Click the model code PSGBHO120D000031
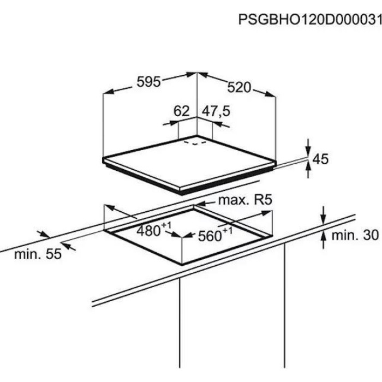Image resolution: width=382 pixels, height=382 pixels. (x=310, y=19)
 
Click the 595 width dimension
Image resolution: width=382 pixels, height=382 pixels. (x=148, y=82)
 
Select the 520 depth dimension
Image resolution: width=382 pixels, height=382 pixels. (x=239, y=87)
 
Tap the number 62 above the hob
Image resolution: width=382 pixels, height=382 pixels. (x=181, y=111)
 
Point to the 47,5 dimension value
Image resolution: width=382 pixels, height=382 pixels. (x=216, y=111)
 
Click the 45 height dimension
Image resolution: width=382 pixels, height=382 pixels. (x=320, y=159)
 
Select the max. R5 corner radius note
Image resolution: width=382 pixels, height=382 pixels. (x=245, y=200)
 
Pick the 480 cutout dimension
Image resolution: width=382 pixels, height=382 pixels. (x=148, y=230)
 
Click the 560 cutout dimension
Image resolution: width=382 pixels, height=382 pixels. (x=210, y=236)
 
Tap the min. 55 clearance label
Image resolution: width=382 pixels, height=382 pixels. (x=38, y=254)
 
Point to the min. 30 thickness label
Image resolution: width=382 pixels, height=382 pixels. (x=355, y=235)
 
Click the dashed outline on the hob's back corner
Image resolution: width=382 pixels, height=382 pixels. (x=195, y=143)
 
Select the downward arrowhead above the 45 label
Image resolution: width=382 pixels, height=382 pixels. (x=308, y=151)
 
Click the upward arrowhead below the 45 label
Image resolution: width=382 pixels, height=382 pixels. (x=308, y=167)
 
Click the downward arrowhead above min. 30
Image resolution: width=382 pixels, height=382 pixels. (x=323, y=219)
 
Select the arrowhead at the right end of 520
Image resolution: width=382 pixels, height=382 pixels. (x=270, y=94)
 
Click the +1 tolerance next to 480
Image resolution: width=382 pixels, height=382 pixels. (x=166, y=225)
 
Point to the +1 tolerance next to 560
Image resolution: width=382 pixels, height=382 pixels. (x=228, y=230)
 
